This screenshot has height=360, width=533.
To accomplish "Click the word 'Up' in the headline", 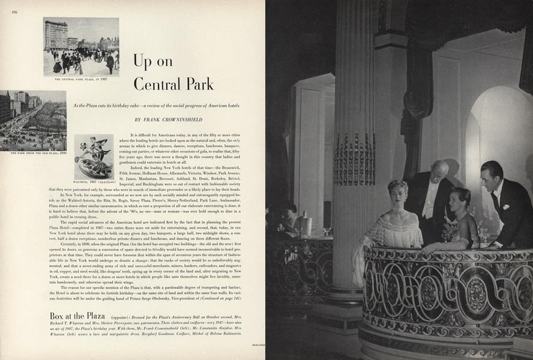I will click(x=144, y=62).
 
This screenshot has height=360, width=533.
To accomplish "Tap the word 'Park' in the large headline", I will click(x=196, y=83).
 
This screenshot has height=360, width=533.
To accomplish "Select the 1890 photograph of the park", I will click(x=33, y=120).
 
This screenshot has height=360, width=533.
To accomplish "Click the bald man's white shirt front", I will click(x=431, y=201).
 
